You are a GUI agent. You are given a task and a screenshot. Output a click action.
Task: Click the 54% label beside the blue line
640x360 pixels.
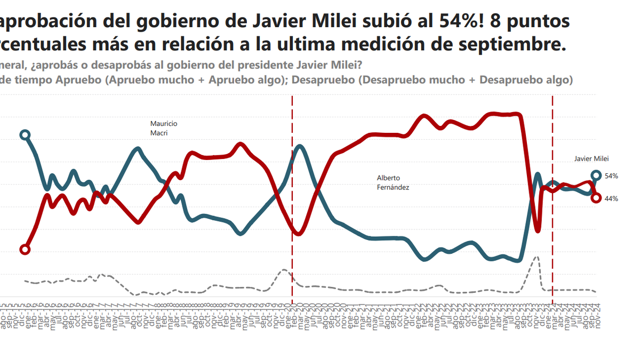(x=611, y=176)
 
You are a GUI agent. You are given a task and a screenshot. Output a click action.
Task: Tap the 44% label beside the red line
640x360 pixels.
(x=611, y=198)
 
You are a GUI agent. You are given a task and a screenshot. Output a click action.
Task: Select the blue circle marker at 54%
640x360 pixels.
(x=597, y=175)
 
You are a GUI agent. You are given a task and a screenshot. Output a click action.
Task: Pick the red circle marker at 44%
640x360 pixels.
(x=597, y=198)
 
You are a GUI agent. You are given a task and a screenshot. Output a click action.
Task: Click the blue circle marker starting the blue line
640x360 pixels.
(x=25, y=134)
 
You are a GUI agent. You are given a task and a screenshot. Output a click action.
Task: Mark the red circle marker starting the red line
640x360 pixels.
(x=25, y=250)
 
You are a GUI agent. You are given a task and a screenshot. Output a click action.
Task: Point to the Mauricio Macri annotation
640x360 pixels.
(x=163, y=128)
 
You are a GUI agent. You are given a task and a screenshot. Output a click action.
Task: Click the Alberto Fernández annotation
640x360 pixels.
(x=393, y=182)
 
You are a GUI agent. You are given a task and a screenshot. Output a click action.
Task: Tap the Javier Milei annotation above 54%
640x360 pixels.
(x=591, y=158)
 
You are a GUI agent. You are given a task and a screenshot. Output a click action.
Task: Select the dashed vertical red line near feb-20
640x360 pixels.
(x=292, y=213)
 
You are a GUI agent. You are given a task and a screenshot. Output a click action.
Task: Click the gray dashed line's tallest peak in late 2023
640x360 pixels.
(x=537, y=257)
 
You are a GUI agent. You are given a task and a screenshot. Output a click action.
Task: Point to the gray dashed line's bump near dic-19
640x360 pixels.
(x=284, y=270)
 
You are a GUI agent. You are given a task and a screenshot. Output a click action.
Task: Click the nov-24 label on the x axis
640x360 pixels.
(x=597, y=318)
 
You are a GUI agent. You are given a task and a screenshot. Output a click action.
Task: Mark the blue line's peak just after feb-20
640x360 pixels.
(x=300, y=146)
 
